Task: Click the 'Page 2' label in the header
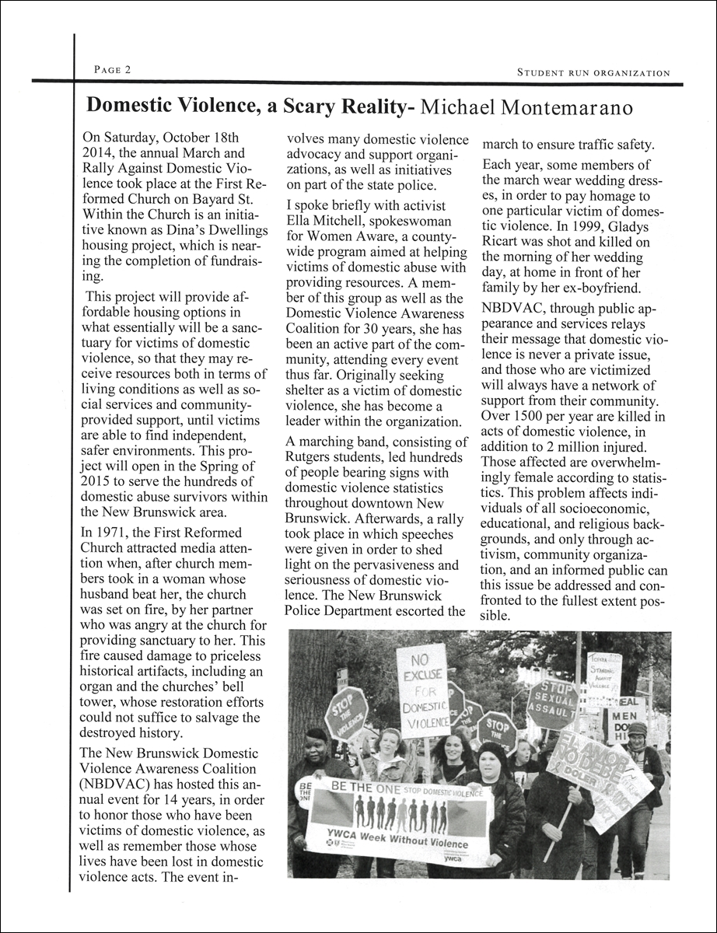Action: (112, 70)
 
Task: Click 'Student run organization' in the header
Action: (593, 73)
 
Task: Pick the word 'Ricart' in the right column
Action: (504, 242)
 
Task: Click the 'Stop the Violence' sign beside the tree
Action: (345, 712)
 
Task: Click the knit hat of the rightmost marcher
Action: (637, 729)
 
